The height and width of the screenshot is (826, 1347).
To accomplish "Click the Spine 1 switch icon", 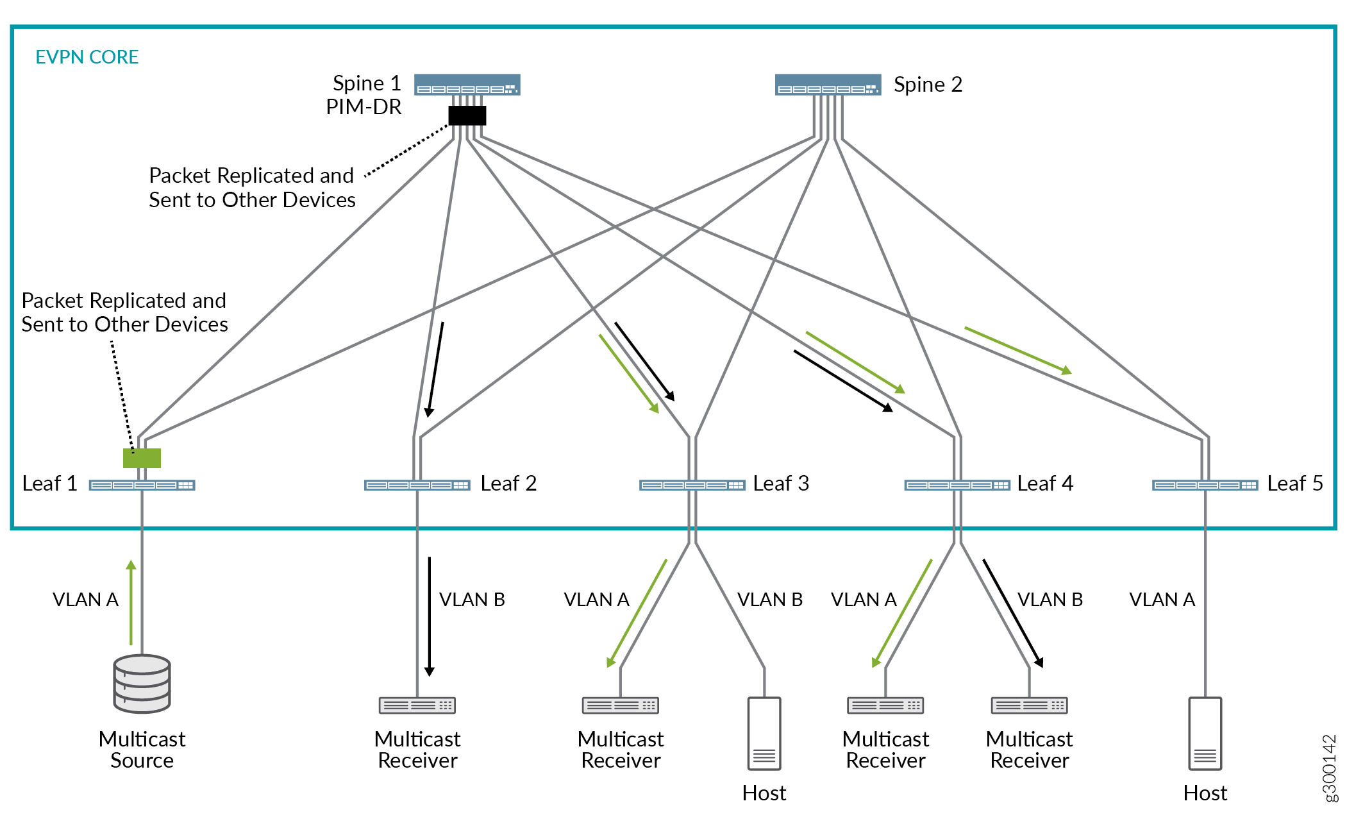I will tap(467, 85).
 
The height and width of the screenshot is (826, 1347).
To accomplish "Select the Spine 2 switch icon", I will tap(828, 85).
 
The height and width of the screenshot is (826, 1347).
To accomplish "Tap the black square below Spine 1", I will tap(467, 115).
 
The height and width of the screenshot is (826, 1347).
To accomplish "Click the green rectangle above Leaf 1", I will tap(142, 458).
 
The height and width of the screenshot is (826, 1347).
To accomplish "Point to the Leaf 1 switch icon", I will tap(142, 485).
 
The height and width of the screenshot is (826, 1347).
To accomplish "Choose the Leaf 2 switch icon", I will tap(417, 485).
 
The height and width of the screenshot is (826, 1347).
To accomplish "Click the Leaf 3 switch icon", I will tap(692, 485).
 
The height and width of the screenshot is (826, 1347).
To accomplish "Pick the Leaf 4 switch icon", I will tap(957, 485).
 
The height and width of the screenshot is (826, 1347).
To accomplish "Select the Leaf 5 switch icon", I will tap(1205, 485).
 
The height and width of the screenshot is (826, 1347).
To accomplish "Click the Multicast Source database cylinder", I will tap(142, 684).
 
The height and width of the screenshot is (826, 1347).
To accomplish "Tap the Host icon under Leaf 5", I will tap(1205, 734).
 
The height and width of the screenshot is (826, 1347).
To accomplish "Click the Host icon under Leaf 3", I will tap(764, 734).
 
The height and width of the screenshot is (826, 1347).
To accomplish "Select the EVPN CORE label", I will tap(87, 57).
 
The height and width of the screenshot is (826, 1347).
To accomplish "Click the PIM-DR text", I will tap(364, 107).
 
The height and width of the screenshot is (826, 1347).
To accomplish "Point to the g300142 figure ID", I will tap(1330, 768).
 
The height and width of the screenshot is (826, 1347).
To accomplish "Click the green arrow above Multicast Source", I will tap(131, 603).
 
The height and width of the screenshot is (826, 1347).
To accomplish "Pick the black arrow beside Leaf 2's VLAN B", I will tap(430, 616).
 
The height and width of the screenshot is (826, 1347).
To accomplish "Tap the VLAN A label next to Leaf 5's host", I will tap(1162, 600).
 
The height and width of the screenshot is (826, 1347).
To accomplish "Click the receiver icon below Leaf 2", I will tap(417, 705).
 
